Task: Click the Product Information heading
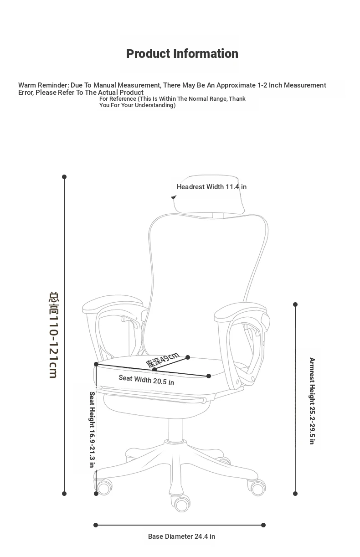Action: (182, 54)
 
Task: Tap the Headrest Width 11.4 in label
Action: (211, 187)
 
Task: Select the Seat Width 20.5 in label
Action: (146, 380)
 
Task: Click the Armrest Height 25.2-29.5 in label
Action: (312, 401)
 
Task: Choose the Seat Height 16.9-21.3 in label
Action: (92, 430)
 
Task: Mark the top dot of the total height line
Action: (64, 177)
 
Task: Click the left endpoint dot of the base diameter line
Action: (96, 525)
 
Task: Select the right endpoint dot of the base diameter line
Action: (263, 525)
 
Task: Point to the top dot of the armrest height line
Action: (295, 304)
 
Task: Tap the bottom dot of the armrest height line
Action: (295, 494)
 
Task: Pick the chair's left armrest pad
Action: (113, 304)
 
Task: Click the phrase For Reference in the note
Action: (118, 99)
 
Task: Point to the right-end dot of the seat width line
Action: (209, 376)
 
